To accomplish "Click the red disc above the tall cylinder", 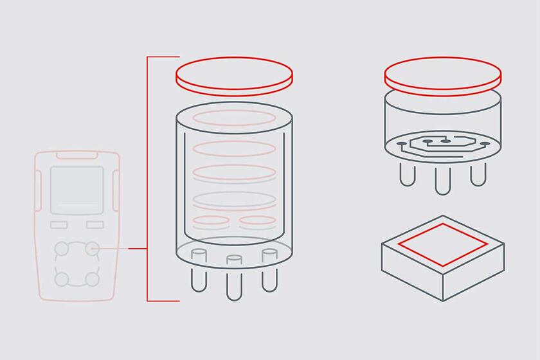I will [x=234, y=76].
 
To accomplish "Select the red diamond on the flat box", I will [x=443, y=244].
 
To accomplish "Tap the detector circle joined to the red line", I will [x=93, y=248].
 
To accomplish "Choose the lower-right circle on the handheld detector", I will [x=93, y=278].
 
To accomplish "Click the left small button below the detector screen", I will [x=59, y=224].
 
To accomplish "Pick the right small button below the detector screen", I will [x=95, y=224].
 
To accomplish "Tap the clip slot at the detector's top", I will [x=77, y=155].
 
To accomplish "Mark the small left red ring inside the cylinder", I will [x=210, y=221].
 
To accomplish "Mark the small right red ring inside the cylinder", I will [x=257, y=221].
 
